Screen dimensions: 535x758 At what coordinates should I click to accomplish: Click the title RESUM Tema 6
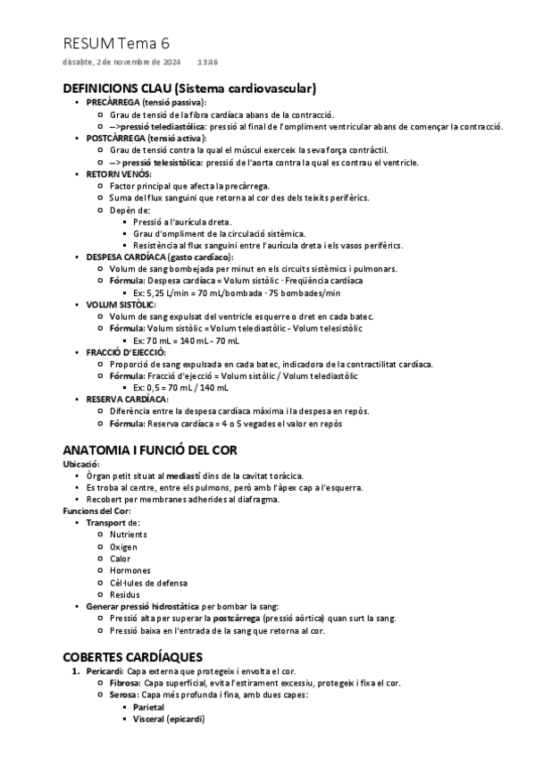click(x=116, y=43)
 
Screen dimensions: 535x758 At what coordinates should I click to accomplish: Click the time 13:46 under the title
click(x=207, y=63)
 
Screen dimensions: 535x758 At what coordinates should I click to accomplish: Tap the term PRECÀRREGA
click(x=113, y=104)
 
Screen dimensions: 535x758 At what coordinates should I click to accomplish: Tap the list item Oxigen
click(x=124, y=546)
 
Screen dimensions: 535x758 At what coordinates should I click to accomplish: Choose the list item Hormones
click(x=130, y=570)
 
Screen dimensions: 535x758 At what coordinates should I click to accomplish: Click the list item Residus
click(x=125, y=594)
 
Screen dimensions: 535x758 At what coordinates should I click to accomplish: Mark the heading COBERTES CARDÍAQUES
click(x=132, y=657)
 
